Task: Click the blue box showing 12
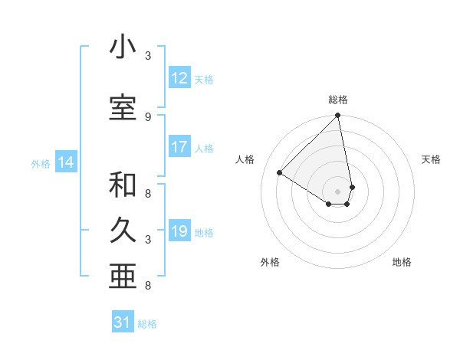[x=179, y=78]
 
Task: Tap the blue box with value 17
[x=179, y=147]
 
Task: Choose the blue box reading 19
[x=179, y=231]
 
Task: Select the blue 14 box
[x=66, y=162]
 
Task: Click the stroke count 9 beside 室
[x=147, y=116]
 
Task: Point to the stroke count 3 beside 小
[x=147, y=56]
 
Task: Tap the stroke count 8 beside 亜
[x=147, y=286]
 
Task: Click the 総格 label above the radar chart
[x=338, y=100]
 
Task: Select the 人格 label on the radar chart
[x=245, y=159]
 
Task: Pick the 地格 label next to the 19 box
[x=204, y=232]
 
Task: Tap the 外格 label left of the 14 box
[x=41, y=163]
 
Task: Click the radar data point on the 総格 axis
[x=338, y=116]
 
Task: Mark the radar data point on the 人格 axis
[x=280, y=172]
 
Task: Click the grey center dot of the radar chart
[x=338, y=191]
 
